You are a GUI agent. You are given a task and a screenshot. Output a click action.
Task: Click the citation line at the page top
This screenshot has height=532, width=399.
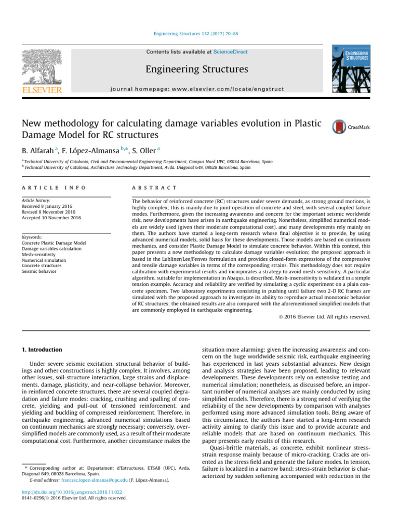point(200,34)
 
